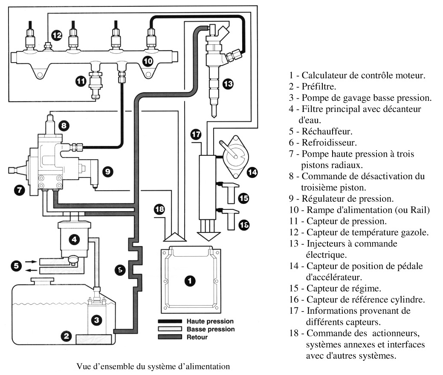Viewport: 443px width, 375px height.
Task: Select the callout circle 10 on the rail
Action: pos(148,61)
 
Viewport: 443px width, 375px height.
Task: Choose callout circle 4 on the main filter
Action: pos(74,239)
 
